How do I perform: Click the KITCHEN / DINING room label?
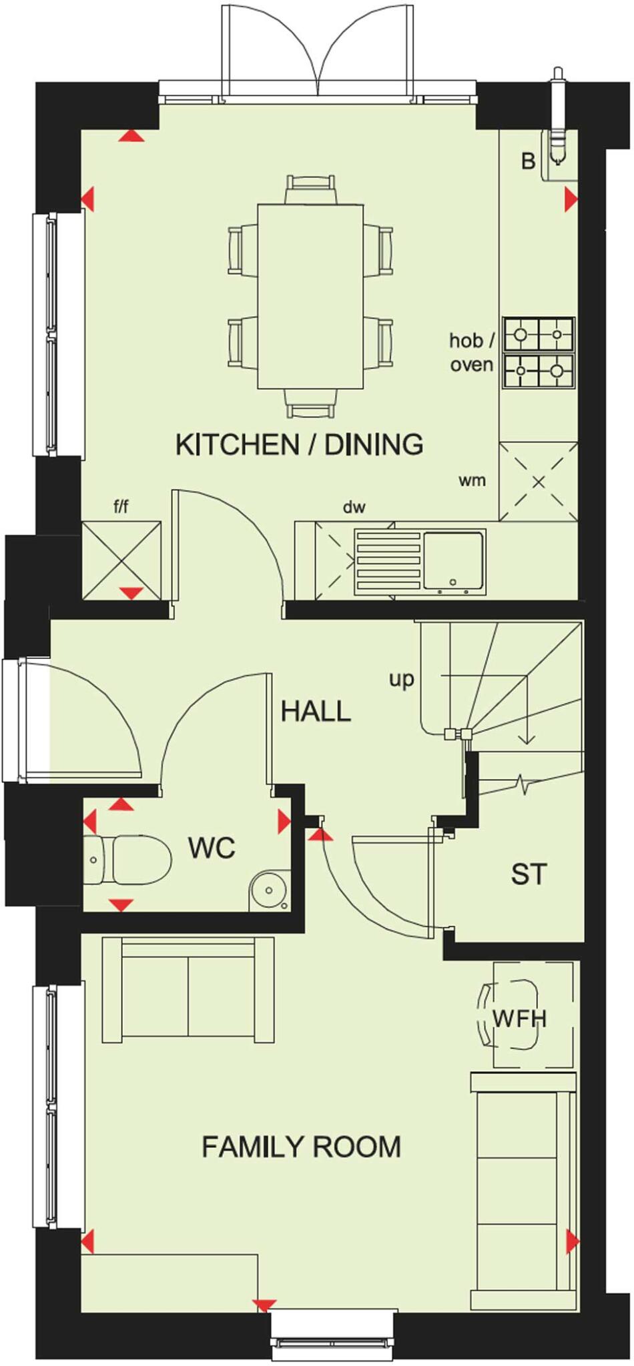[299, 444]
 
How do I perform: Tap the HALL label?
[315, 712]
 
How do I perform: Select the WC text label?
[212, 848]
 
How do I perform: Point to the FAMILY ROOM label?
[301, 1147]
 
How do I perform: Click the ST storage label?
[529, 874]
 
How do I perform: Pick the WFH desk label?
[519, 1018]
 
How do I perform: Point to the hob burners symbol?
[539, 354]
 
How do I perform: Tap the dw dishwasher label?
[354, 508]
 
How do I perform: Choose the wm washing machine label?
[472, 480]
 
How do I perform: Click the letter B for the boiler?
[529, 161]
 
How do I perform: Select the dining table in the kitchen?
[310, 296]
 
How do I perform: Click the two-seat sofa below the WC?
[188, 988]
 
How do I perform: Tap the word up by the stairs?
[402, 680]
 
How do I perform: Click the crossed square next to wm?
[538, 481]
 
